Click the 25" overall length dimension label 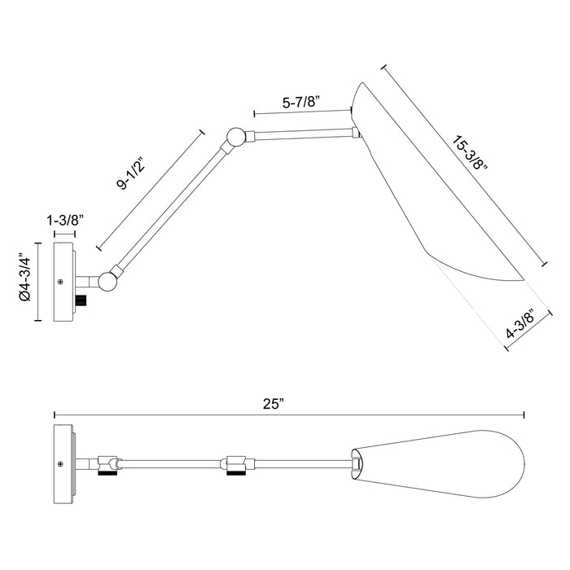(273, 404)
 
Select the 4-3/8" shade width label (520, 324)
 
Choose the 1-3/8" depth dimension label (65, 221)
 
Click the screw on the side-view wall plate (61, 282)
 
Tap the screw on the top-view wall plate (61, 464)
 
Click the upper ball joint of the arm (235, 137)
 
